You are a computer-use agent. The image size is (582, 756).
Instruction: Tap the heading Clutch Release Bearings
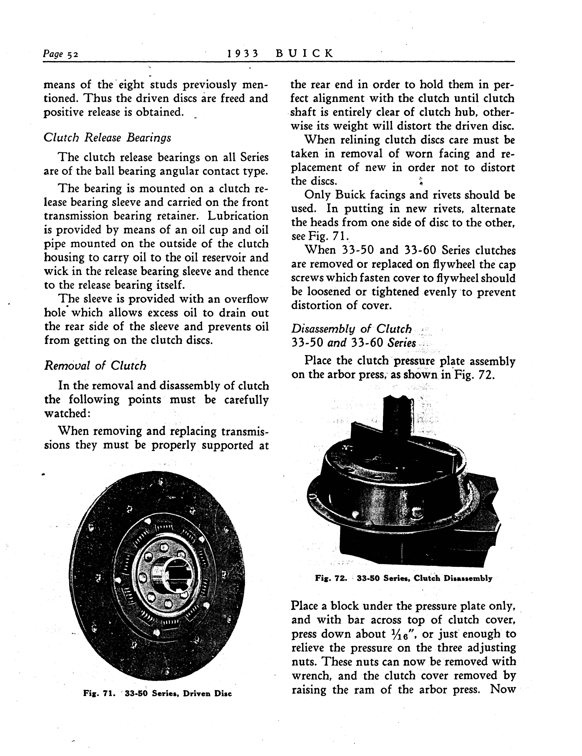coord(107,138)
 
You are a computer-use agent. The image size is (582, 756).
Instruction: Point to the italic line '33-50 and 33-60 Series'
coord(353,343)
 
